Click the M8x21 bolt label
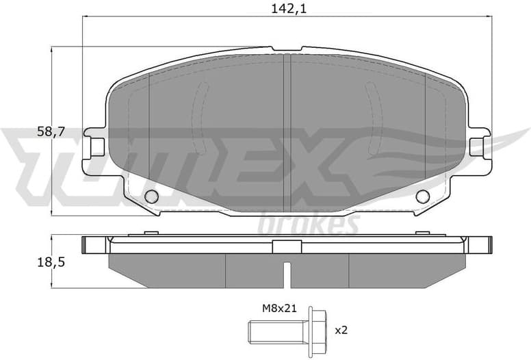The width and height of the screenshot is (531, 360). coord(279,308)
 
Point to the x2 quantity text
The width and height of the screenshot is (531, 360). coord(341,330)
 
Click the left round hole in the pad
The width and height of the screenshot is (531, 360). coord(152,197)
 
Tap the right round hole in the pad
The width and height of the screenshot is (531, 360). coord(422,197)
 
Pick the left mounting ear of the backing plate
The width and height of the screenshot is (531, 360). coord(94,146)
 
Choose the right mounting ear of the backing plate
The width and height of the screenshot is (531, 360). coord(480,146)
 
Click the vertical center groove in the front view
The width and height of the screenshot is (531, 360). coord(287,130)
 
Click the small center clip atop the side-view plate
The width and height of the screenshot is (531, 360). coord(287,247)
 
